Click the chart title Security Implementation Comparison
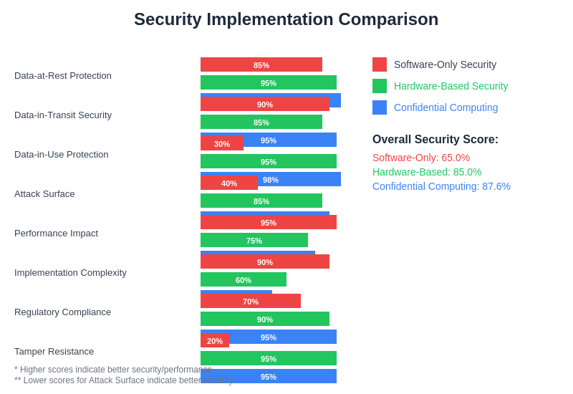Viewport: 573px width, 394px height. [286, 19]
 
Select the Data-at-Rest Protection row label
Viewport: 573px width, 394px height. [63, 76]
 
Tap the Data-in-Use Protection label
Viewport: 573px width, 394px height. [62, 155]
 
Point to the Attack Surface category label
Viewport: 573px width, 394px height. [44, 194]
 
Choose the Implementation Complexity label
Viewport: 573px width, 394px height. [70, 273]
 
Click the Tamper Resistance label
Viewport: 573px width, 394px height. [54, 352]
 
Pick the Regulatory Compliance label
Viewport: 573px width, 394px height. [62, 312]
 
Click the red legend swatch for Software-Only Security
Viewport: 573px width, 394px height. [380, 64]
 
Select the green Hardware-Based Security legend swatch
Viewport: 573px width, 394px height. [380, 86]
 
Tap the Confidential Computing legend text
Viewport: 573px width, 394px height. [446, 107]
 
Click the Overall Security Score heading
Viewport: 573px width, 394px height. [435, 140]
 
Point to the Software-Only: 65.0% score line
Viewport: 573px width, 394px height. [421, 158]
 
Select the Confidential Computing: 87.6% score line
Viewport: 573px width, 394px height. [441, 186]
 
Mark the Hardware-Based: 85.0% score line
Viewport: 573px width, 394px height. [427, 172]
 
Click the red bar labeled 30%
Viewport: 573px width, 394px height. [222, 144]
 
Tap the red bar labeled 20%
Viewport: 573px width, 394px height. [215, 341]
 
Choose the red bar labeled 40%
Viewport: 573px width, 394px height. [229, 183]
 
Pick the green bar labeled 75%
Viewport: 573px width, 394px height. [254, 241]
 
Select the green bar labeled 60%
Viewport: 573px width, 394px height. [244, 280]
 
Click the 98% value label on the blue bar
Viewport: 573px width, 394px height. [271, 180]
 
